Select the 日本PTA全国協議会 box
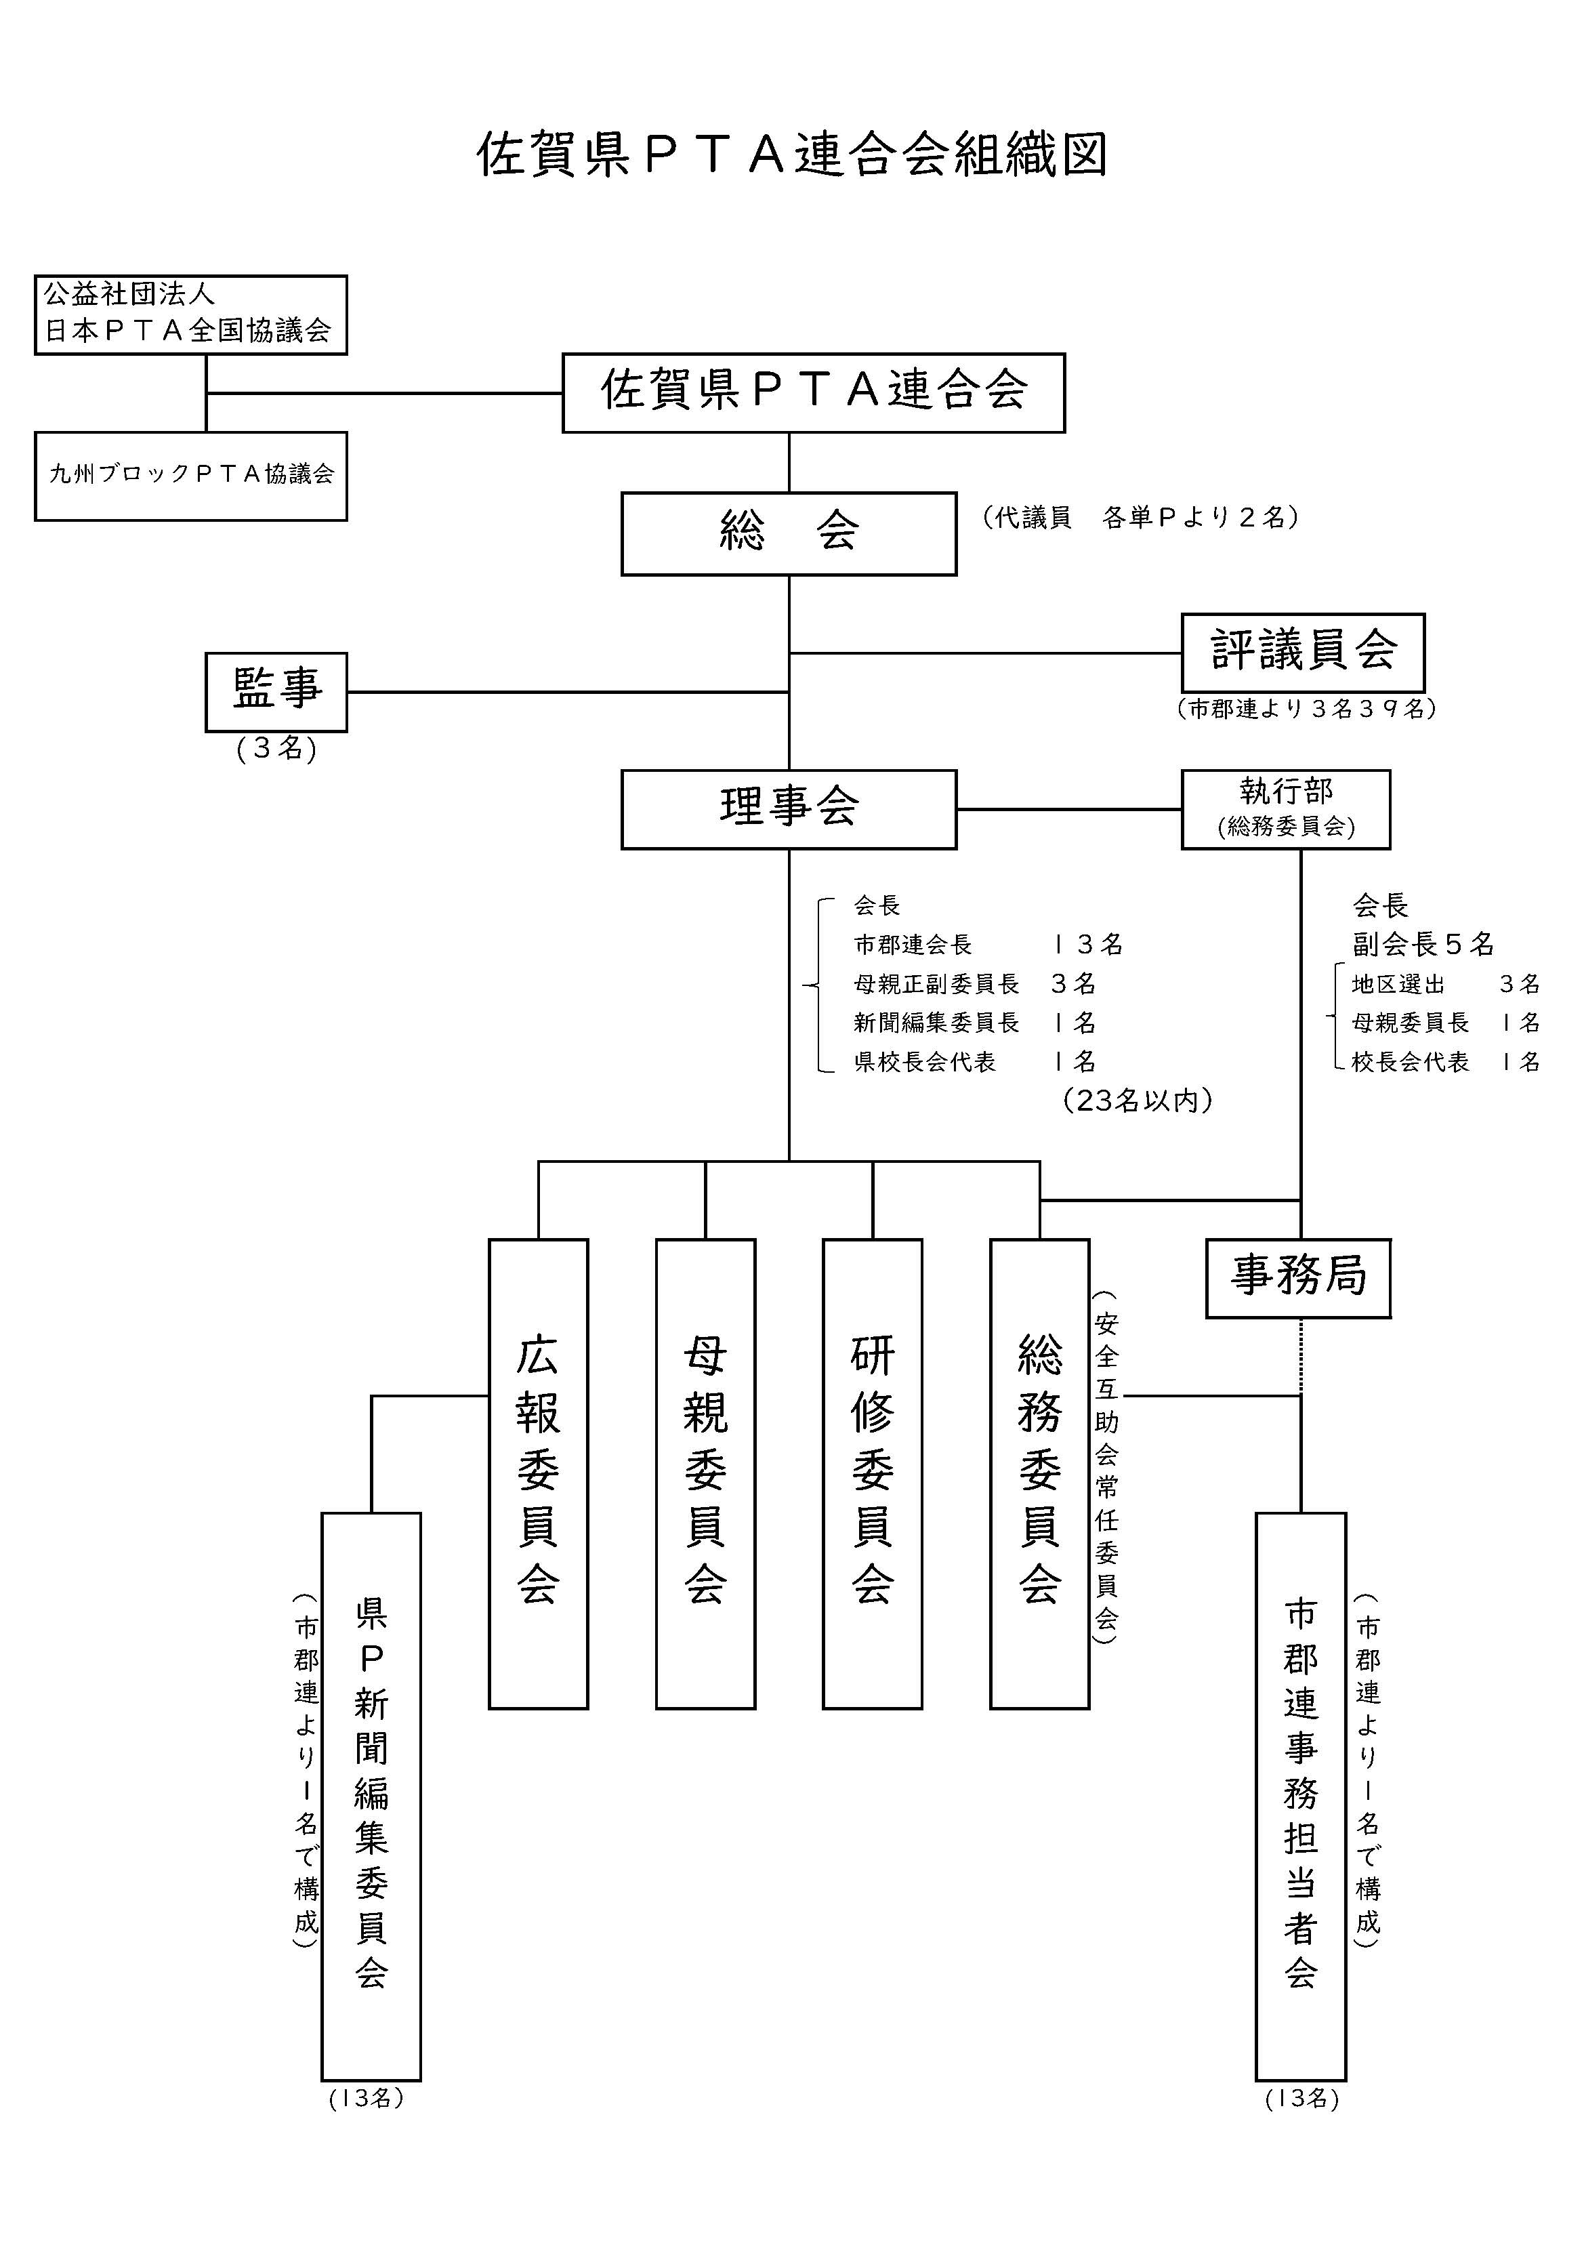click(190, 314)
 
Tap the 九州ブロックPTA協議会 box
click(190, 475)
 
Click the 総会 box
click(789, 533)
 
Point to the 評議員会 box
click(1302, 652)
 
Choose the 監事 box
click(276, 691)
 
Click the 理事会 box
click(789, 808)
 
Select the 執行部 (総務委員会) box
click(1285, 808)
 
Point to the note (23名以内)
click(1138, 1100)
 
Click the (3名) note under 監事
click(276, 749)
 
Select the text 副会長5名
click(1423, 944)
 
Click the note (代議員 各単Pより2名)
click(1140, 517)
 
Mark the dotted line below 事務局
click(1300, 1356)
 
